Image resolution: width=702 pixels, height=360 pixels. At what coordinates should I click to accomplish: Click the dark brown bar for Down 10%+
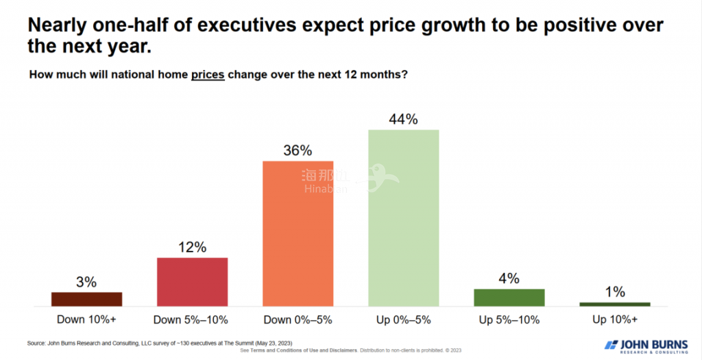click(87, 299)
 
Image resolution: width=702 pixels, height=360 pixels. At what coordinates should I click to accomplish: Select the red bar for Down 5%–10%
click(193, 282)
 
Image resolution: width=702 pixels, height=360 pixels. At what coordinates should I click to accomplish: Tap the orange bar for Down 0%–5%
click(298, 233)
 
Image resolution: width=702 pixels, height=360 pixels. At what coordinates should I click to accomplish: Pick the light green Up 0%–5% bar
click(404, 217)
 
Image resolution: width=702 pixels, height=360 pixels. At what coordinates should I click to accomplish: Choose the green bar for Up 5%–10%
click(509, 297)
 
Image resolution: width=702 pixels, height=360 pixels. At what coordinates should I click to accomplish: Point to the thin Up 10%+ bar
click(615, 304)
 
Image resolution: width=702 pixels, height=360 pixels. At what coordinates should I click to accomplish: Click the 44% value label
click(404, 119)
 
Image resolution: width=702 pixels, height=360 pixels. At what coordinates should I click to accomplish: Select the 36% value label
click(298, 151)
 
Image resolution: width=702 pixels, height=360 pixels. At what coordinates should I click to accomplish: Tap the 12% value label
click(193, 248)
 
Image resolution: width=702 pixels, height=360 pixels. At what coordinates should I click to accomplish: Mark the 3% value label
click(87, 282)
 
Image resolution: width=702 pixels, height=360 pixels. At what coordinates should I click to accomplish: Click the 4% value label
click(509, 278)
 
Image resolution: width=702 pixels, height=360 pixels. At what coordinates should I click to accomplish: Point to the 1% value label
click(615, 292)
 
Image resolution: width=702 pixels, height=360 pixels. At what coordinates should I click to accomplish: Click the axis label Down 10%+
click(87, 320)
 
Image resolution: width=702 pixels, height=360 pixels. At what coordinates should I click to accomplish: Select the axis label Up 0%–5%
click(404, 320)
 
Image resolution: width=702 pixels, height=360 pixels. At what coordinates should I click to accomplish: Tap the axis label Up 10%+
click(615, 320)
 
